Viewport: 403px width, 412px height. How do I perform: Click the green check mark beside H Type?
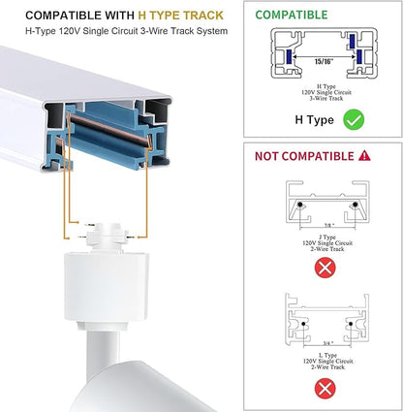[x=354, y=119]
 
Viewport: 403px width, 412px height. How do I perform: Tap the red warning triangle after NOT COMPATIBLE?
[x=364, y=156]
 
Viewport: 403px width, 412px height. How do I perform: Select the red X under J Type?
[x=325, y=268]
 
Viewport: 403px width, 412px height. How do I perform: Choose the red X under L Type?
[x=325, y=389]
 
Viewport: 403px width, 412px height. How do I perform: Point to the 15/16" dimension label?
[x=324, y=61]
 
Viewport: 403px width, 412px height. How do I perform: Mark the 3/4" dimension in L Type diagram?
[x=328, y=343]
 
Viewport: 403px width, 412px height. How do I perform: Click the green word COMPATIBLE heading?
[x=292, y=15]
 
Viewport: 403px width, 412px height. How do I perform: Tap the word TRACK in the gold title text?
[x=203, y=16]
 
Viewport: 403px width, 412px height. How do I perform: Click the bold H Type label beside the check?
[x=314, y=120]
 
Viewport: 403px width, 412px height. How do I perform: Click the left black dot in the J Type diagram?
[x=300, y=205]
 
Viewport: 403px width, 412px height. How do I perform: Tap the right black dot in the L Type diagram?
[x=351, y=324]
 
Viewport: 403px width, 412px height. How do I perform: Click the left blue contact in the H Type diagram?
[x=289, y=56]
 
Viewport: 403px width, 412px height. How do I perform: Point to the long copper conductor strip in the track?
[x=108, y=129]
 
